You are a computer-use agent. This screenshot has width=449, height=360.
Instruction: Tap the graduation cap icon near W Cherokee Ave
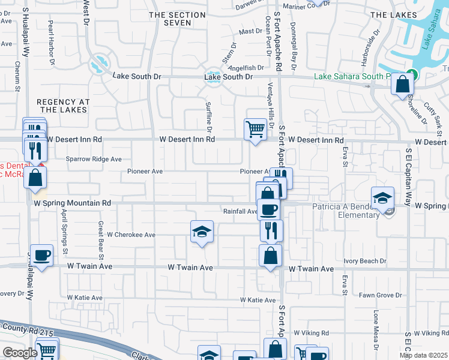[x=202, y=232]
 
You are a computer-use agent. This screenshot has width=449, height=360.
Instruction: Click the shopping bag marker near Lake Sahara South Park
[x=402, y=83]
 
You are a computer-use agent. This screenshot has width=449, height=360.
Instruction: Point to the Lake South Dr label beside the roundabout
[x=228, y=77]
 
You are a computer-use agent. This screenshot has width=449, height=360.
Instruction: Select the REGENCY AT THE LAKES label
[x=63, y=106]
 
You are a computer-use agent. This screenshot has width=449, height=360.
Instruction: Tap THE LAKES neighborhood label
[x=394, y=14]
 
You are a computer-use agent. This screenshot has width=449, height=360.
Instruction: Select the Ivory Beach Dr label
[x=365, y=262]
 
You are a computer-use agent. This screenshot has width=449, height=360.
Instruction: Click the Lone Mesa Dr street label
[x=377, y=330]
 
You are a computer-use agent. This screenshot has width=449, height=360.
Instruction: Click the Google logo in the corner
[x=20, y=353]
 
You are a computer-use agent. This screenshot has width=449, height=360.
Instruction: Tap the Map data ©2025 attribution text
[x=424, y=355]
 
